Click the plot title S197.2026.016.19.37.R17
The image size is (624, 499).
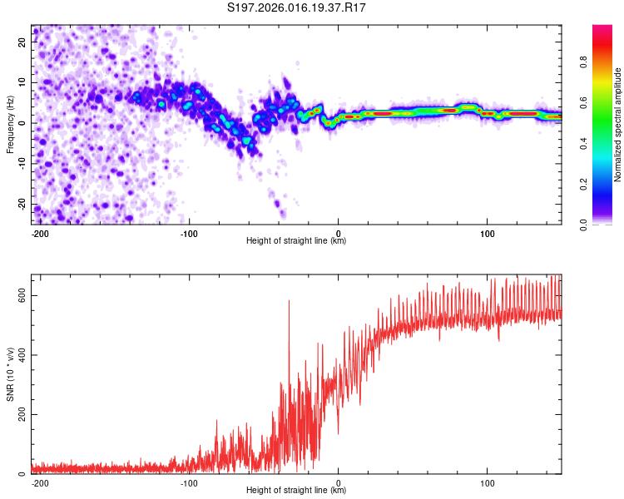pos(297,8)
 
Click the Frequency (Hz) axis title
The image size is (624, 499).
pos(11,125)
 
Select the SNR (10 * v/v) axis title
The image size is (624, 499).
pos(11,374)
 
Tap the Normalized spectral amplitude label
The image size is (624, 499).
pos(618,125)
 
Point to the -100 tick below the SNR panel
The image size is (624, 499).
pos(189,482)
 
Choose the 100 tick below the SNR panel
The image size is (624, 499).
pos(487,482)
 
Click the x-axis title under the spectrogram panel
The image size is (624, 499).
pos(296,241)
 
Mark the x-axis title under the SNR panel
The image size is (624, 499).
pos(296,491)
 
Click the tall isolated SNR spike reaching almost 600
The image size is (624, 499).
pos(289,304)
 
